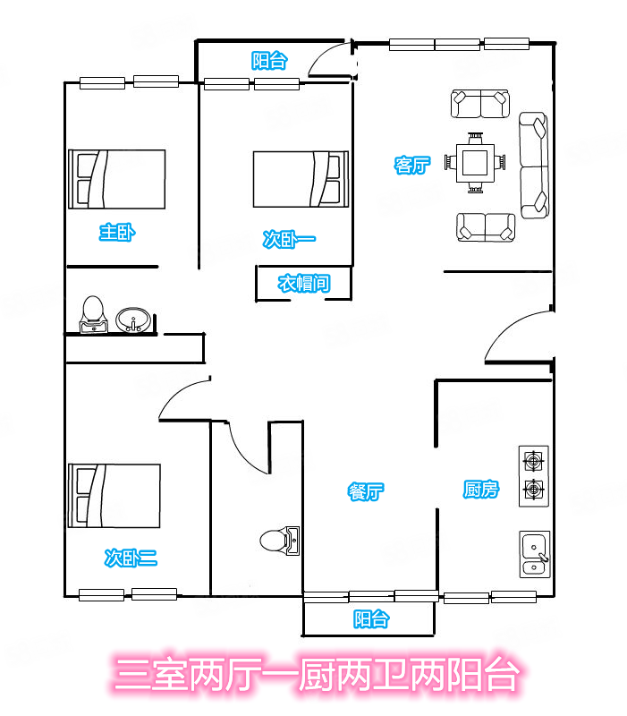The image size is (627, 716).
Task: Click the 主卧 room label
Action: click(x=117, y=233)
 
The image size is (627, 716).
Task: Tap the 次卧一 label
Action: click(x=289, y=239)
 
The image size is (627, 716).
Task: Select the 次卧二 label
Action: click(x=131, y=558)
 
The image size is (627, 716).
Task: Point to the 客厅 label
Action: click(x=412, y=165)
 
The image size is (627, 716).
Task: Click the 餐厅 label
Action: click(x=366, y=491)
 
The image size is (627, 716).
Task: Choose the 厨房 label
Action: click(x=481, y=489)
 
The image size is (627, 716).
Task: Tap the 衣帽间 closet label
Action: click(x=304, y=283)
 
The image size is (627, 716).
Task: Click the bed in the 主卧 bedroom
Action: click(x=117, y=179)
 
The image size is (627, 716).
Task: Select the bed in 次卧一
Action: click(x=301, y=179)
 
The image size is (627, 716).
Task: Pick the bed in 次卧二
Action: click(x=114, y=496)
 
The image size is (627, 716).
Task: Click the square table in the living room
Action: click(x=475, y=163)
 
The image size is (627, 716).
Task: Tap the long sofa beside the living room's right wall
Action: click(x=534, y=165)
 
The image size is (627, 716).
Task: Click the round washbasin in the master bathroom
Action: click(x=132, y=320)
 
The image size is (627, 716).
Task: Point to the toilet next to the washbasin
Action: click(x=94, y=315)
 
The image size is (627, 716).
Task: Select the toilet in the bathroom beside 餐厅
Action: click(x=280, y=541)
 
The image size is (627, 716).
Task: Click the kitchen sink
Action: click(x=534, y=554)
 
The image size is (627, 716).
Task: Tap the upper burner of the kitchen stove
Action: click(x=533, y=460)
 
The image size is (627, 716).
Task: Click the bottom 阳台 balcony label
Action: click(x=371, y=618)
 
